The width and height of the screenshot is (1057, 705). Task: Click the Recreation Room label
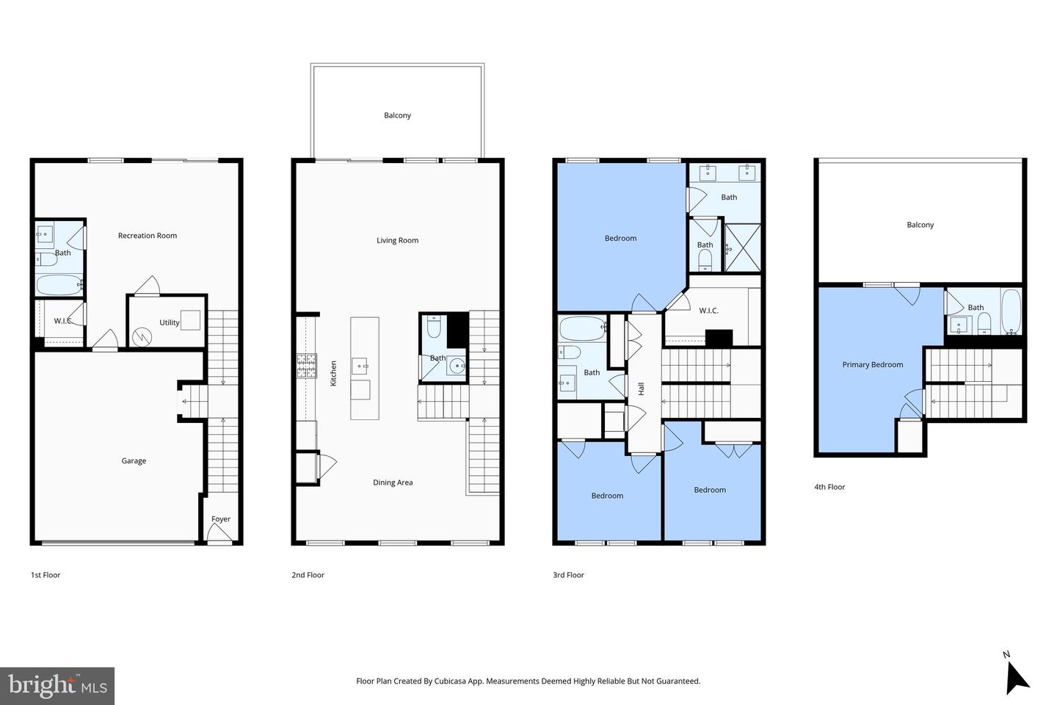(x=148, y=236)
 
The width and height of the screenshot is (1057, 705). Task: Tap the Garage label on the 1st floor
(x=134, y=461)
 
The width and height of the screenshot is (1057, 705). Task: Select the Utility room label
(x=169, y=322)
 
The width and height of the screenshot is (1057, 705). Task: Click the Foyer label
(x=221, y=519)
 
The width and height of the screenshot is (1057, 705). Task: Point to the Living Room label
(x=397, y=240)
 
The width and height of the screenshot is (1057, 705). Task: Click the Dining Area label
(x=393, y=482)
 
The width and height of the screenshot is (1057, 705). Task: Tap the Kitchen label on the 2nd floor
(x=333, y=373)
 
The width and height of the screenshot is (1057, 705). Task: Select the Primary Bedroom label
(x=872, y=364)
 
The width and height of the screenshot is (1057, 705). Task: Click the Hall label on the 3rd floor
(x=641, y=388)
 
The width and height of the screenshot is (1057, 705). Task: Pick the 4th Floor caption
(x=829, y=487)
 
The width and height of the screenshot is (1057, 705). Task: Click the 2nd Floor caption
(x=308, y=575)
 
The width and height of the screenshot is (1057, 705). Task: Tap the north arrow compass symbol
(x=1016, y=675)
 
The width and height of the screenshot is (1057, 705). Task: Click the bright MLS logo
(x=57, y=686)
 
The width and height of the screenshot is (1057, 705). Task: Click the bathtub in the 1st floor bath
(x=59, y=284)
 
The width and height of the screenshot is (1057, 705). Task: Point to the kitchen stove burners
(x=307, y=365)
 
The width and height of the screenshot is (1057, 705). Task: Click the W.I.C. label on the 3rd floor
(x=708, y=311)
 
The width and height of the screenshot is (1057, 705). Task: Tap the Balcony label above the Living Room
(x=397, y=115)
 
